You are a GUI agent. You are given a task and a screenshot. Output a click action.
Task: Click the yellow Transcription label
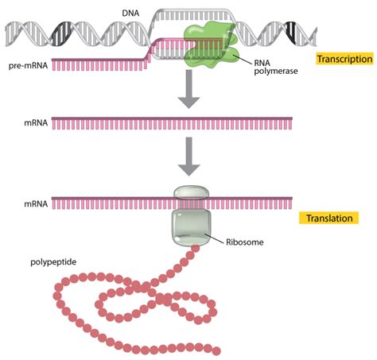click(344, 59)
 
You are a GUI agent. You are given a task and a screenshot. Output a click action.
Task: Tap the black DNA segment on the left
click(61, 32)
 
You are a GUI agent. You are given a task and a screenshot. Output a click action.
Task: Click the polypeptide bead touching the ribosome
click(194, 250)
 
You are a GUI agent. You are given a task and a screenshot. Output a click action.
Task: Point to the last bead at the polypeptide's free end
click(216, 349)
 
